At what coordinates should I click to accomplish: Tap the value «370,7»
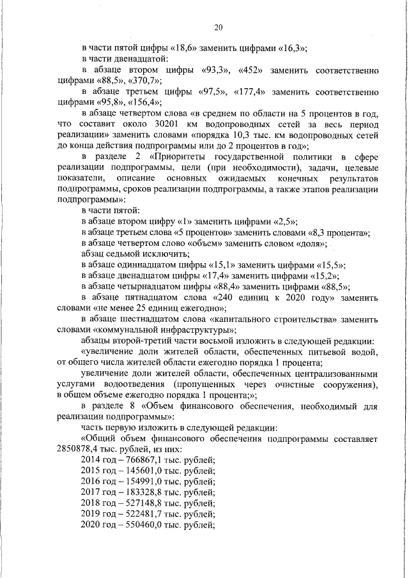click(144, 80)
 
